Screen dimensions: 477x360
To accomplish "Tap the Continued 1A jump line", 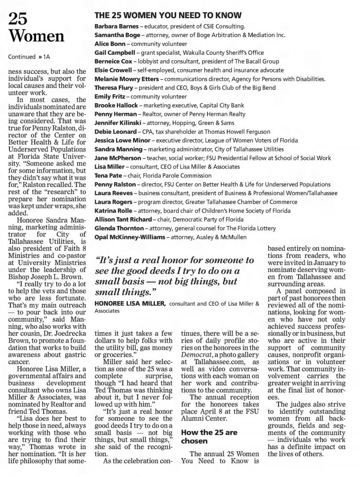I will coord(25,57).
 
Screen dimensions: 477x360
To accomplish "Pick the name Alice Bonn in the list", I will coord(108,44).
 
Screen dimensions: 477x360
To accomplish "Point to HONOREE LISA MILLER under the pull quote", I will coord(130,304).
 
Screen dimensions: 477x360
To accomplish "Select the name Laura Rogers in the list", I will coord(111,201).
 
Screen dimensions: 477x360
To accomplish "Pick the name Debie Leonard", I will coord(113,131).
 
